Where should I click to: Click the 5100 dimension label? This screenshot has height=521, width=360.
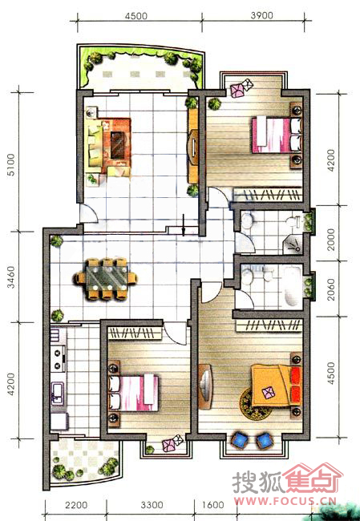click(11, 164)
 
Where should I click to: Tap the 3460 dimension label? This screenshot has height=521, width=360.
click(11, 277)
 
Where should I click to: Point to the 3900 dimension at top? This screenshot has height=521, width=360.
click(262, 15)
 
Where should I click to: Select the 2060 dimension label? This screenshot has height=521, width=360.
click(331, 289)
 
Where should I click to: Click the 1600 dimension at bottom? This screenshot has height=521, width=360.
click(212, 505)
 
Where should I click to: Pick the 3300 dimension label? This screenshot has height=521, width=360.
click(152, 505)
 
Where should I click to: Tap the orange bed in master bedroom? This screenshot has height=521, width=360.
click(277, 386)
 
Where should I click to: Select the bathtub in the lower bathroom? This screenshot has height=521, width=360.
click(292, 286)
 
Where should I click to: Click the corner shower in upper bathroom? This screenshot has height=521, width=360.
click(293, 244)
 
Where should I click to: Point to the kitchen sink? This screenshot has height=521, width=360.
click(58, 393)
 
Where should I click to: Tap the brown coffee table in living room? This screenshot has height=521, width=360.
click(117, 145)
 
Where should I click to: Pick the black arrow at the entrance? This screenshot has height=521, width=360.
click(183, 224)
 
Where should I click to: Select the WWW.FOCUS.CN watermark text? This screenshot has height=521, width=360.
click(285, 501)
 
